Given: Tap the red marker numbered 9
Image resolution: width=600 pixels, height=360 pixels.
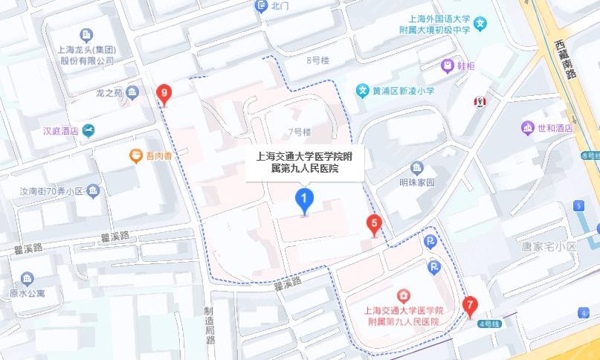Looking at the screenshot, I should pos(164,94).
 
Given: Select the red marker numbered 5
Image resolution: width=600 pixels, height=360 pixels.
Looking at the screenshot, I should pos(375,223).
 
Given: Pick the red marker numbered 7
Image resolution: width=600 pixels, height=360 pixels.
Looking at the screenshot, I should pos(469,305).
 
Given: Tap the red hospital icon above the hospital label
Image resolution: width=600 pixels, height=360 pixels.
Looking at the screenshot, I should pos(403,295).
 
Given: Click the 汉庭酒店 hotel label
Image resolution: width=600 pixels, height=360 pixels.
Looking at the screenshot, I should pos(60,131).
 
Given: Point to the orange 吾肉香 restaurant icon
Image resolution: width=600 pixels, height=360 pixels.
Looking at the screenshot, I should pos(135,155).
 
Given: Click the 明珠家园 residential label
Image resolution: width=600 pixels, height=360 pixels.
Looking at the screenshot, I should pos(437,182).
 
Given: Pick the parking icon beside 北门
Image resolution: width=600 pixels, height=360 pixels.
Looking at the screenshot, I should pos(261,6).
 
